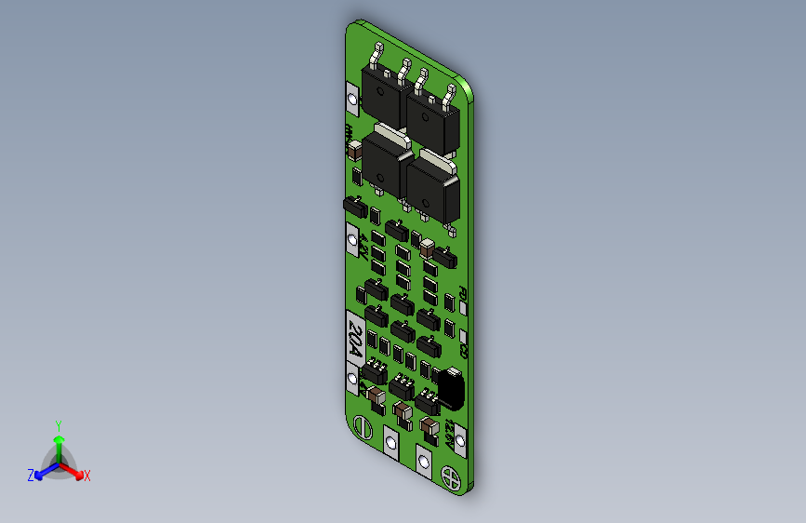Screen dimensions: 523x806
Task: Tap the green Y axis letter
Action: click(59, 423)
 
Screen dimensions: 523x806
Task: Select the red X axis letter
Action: click(87, 476)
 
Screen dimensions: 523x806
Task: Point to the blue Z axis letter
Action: click(31, 476)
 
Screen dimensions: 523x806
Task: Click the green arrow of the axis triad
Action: click(59, 442)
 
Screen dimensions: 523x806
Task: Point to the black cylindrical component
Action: click(450, 386)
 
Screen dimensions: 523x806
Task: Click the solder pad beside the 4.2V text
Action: click(352, 238)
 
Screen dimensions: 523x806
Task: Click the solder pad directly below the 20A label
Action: click(353, 380)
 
